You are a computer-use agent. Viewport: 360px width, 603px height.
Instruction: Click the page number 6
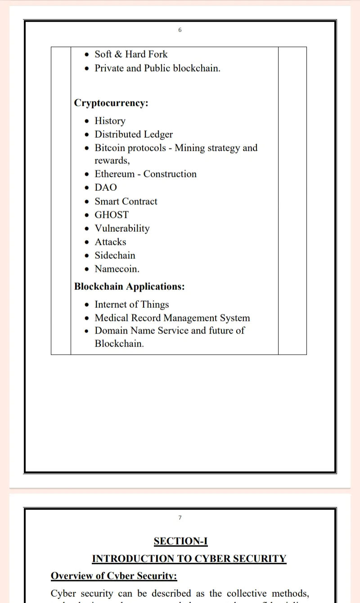pos(180,30)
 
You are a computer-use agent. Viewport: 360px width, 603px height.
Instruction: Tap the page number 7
pos(180,518)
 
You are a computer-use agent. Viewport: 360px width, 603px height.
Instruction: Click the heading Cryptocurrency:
pos(111,103)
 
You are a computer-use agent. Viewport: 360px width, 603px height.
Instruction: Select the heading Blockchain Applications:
pos(130,287)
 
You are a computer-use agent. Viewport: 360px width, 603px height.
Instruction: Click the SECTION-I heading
pos(180,541)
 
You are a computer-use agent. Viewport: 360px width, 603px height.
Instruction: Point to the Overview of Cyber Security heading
pos(114,576)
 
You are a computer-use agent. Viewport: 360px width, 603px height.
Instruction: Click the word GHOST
pos(112,215)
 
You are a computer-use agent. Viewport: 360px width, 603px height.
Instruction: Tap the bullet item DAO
pos(106,188)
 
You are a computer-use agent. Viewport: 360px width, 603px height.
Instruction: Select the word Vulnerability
pos(122,229)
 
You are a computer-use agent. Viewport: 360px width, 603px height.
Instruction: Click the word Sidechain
pos(115,256)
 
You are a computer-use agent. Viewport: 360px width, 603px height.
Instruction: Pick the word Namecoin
pos(117,269)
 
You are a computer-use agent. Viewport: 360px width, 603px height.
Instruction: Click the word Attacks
pos(110,242)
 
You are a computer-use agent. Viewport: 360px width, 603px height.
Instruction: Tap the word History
pos(110,121)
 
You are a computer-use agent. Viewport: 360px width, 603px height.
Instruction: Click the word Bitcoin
pos(108,148)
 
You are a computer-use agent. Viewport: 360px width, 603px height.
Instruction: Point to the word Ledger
pos(158,135)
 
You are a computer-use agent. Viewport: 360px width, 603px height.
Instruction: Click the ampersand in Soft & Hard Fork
pos(118,54)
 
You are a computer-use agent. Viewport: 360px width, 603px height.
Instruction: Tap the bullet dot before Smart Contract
pos(87,202)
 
